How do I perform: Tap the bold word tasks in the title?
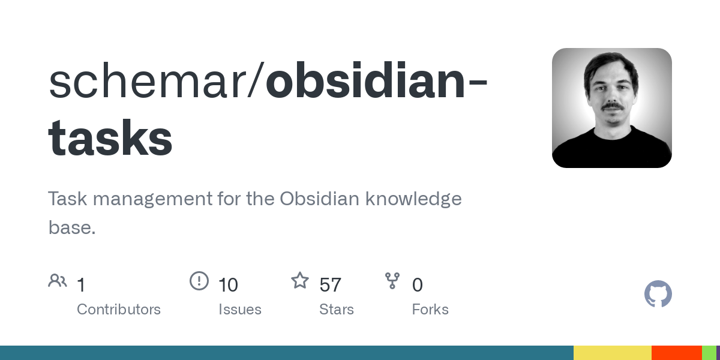pyautogui.click(x=110, y=138)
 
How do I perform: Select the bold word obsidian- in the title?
pyautogui.click(x=375, y=83)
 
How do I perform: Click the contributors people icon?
pyautogui.click(x=58, y=281)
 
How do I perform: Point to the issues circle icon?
pyautogui.click(x=199, y=281)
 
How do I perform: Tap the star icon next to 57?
pyautogui.click(x=299, y=280)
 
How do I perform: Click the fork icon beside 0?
pyautogui.click(x=392, y=281)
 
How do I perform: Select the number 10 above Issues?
pyautogui.click(x=228, y=285)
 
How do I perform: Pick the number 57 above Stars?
pyautogui.click(x=330, y=285)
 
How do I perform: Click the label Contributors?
pyautogui.click(x=119, y=310)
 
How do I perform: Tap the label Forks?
pyautogui.click(x=430, y=310)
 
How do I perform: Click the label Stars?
pyautogui.click(x=337, y=310)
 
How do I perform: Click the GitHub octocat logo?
pyautogui.click(x=658, y=294)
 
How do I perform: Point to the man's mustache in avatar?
pyautogui.click(x=613, y=107)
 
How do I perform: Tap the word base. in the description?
pyautogui.click(x=72, y=227)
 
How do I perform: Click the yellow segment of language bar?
pyautogui.click(x=612, y=353)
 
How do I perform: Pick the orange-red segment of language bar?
pyautogui.click(x=676, y=353)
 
